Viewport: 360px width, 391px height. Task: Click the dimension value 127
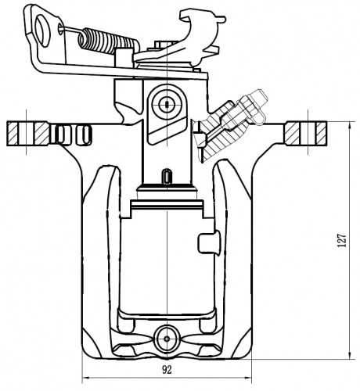click(342, 240)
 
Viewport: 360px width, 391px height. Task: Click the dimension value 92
click(167, 369)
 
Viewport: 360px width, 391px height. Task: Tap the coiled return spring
click(108, 41)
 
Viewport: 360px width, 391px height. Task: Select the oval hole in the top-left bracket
click(42, 30)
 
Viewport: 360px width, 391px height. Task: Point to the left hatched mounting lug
click(28, 134)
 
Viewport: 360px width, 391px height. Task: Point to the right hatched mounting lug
click(306, 134)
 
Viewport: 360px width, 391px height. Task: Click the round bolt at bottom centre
click(167, 339)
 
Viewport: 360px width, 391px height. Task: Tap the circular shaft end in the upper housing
click(167, 104)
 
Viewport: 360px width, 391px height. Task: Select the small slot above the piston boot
click(167, 176)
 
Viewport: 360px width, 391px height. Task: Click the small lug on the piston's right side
click(209, 243)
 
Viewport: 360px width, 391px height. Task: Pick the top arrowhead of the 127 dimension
click(350, 126)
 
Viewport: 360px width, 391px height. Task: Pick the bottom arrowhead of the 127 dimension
click(350, 355)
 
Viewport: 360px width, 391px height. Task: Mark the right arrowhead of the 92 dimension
click(247, 377)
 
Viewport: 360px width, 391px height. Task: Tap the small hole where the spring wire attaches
click(60, 27)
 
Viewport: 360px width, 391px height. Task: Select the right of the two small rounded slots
click(84, 135)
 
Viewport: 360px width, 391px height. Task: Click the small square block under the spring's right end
click(123, 58)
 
